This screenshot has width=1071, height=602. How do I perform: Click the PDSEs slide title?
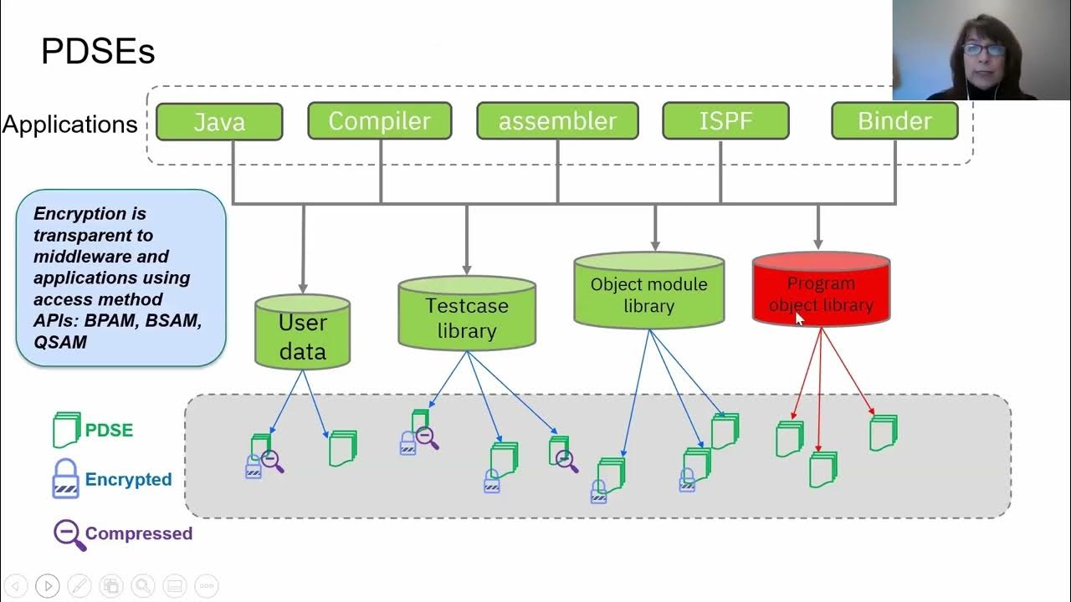click(98, 52)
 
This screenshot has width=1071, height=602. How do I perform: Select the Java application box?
click(219, 121)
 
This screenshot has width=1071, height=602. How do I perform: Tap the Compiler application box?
click(379, 120)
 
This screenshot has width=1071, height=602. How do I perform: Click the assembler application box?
click(557, 120)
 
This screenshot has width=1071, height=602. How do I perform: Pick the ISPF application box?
click(725, 120)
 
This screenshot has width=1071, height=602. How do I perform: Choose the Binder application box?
click(894, 120)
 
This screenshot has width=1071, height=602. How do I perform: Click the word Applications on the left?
click(69, 125)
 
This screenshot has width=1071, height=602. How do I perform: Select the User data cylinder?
click(302, 334)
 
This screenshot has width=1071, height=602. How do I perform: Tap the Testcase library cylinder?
click(467, 316)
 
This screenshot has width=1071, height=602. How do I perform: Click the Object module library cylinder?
click(648, 293)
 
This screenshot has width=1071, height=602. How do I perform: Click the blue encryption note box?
click(120, 278)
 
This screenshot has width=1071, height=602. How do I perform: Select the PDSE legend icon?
click(66, 430)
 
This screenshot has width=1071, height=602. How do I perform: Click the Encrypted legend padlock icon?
click(65, 479)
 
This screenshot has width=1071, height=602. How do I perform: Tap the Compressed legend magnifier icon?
click(69, 534)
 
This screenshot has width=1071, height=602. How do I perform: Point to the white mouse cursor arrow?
click(798, 319)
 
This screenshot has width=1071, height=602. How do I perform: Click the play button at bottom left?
click(48, 586)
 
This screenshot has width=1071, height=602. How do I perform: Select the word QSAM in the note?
click(60, 341)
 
